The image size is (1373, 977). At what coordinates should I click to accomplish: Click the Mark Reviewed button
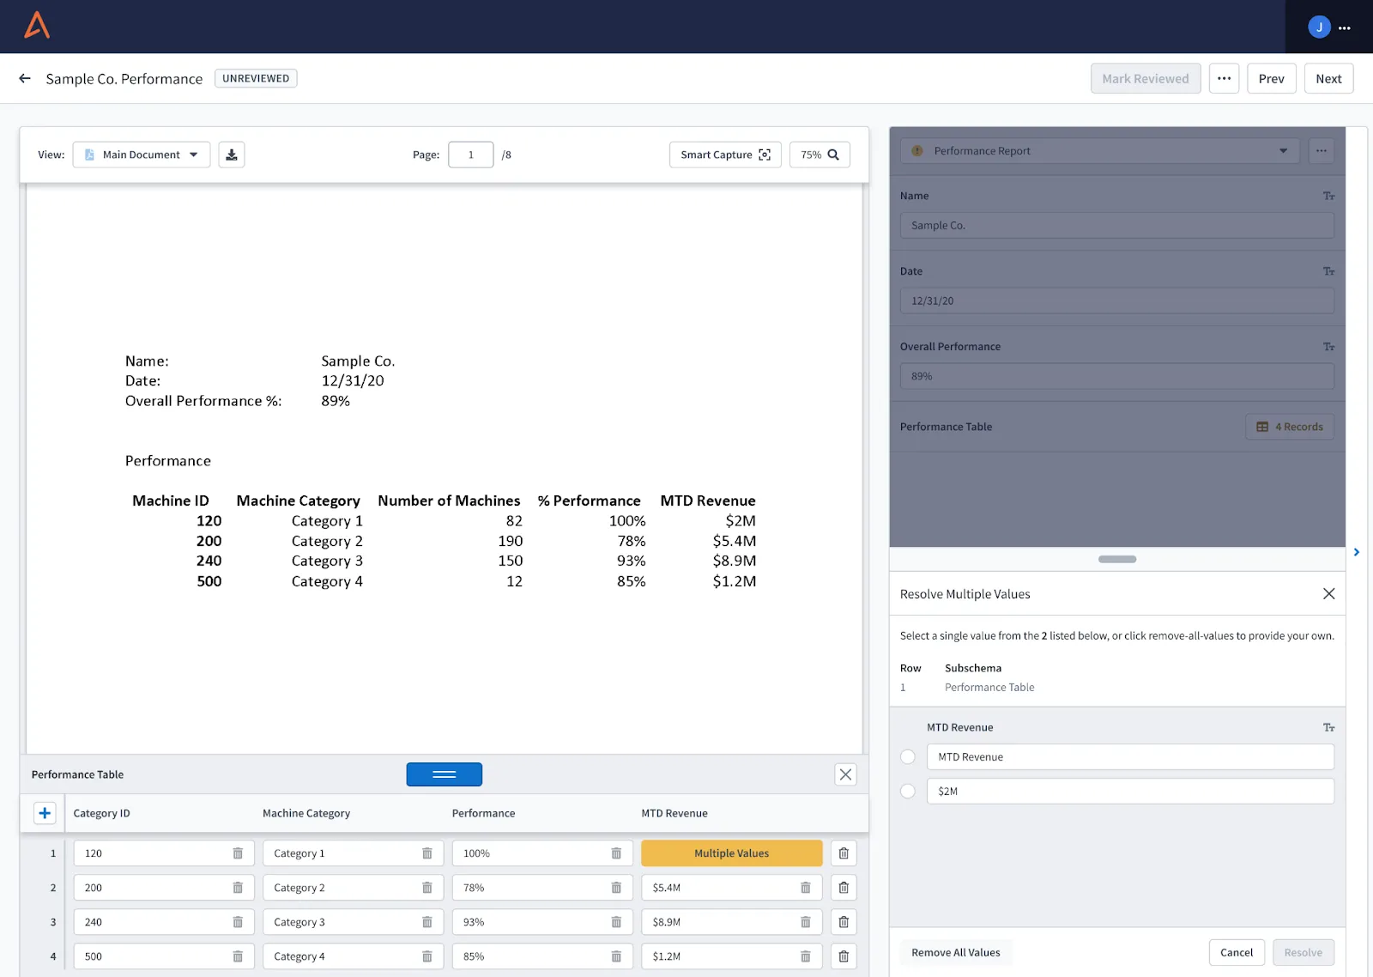[1145, 78]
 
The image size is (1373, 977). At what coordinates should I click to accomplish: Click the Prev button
[1271, 78]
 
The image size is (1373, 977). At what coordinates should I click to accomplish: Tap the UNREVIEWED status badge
[256, 78]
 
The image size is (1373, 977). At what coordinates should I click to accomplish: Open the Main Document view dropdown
[141, 155]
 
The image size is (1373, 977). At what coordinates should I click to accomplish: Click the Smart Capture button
[725, 155]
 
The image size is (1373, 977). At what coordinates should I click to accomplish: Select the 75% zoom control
[820, 155]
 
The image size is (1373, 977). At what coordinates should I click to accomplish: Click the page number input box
[471, 155]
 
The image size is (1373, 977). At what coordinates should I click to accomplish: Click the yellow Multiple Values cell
[731, 853]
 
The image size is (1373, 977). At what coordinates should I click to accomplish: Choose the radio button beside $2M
[908, 792]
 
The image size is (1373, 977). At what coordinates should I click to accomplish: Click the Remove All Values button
[956, 952]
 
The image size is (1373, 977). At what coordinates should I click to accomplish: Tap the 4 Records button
[1290, 427]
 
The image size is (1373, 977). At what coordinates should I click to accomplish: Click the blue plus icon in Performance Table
[45, 813]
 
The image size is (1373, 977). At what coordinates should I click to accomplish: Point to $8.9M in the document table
[735, 561]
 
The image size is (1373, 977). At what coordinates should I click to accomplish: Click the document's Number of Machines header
[449, 501]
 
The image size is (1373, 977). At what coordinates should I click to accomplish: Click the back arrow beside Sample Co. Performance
[25, 78]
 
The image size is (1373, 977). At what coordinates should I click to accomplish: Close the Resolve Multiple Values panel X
[1328, 594]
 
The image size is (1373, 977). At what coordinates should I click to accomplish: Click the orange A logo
[37, 25]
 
